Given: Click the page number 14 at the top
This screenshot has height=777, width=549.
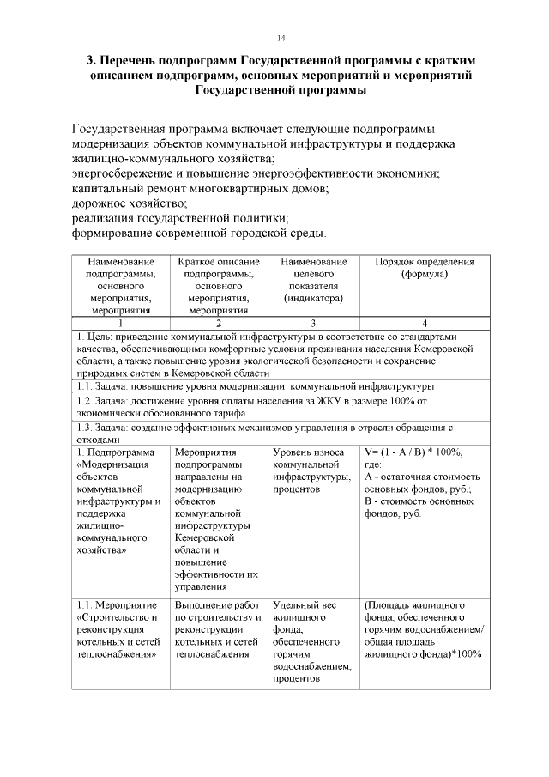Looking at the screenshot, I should (281, 38).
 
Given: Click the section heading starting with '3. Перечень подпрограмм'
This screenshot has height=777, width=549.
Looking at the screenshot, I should (281, 76).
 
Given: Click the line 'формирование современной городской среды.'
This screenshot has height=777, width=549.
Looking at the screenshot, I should (199, 233).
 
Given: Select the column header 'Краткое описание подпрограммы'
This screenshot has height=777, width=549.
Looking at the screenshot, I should (219, 286).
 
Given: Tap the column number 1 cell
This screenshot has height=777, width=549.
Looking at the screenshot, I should (120, 323).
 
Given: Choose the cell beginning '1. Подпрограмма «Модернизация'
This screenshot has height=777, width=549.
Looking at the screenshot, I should (120, 501).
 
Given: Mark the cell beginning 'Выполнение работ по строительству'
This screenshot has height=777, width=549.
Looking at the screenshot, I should (219, 629).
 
